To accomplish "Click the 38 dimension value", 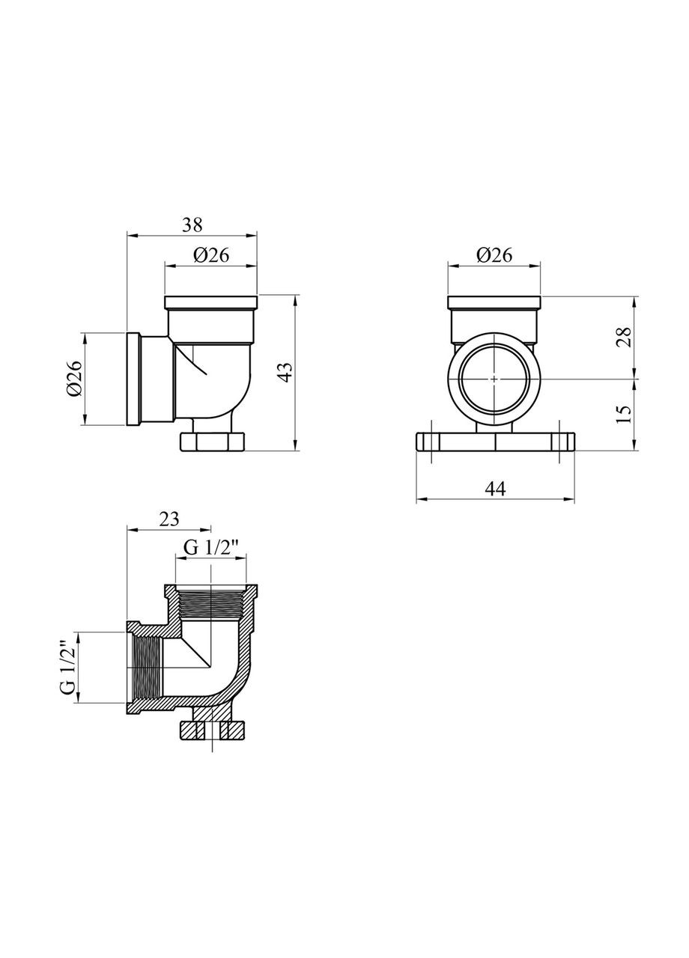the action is [x=192, y=225].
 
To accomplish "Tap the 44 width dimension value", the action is [x=495, y=488].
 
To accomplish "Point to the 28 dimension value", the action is [x=625, y=338].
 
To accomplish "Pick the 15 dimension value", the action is [x=625, y=414].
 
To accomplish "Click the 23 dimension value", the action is [x=169, y=519].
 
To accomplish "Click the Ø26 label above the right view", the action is [x=494, y=255].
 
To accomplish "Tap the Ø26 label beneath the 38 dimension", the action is [x=211, y=255].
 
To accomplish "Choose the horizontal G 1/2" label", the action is [x=210, y=547].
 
